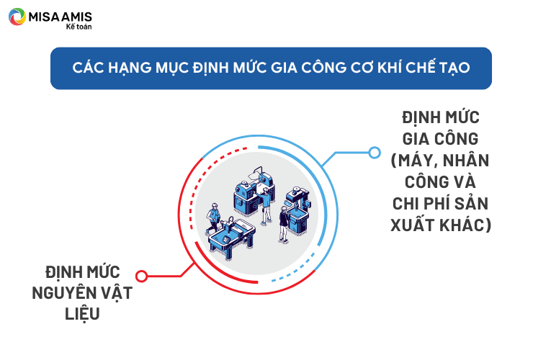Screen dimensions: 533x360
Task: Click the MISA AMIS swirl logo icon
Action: coord(17,17)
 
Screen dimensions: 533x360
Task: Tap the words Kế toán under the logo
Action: coord(79,27)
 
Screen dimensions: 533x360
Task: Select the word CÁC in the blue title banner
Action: coord(88,67)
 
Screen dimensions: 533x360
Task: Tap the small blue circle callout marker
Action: coord(375,153)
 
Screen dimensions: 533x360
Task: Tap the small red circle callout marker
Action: coord(141,276)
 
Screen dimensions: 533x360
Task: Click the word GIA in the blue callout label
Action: coord(415,139)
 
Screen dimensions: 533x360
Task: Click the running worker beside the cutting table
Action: coord(213,217)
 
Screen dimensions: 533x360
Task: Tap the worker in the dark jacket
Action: coord(284,224)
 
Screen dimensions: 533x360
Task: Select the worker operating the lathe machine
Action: coord(266,207)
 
